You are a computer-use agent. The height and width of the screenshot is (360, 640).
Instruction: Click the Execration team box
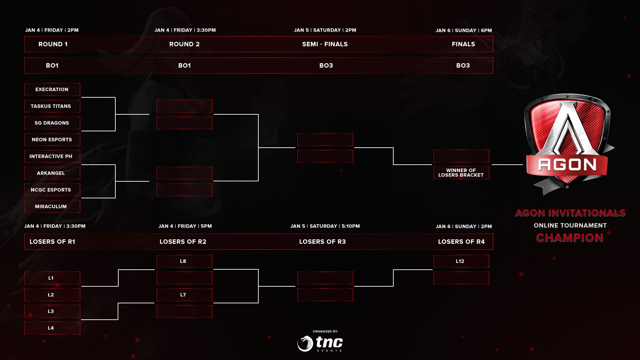(x=52, y=89)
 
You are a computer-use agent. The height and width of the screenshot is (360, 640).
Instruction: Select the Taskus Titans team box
(x=52, y=106)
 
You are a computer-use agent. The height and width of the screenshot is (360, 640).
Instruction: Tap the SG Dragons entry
(x=52, y=123)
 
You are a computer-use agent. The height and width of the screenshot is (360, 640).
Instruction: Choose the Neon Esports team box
(x=52, y=139)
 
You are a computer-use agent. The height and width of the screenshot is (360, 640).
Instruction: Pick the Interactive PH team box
(x=52, y=156)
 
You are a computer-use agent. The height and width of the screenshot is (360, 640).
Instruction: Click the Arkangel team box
(x=52, y=173)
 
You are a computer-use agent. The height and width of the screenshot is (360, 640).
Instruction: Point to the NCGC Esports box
(x=52, y=190)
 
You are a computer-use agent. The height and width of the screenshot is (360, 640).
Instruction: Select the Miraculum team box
(x=52, y=206)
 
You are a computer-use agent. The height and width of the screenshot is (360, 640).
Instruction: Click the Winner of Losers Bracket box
(x=461, y=173)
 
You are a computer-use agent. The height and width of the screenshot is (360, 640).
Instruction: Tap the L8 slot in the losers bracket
(x=184, y=261)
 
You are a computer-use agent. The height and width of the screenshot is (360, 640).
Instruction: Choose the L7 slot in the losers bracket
(x=184, y=295)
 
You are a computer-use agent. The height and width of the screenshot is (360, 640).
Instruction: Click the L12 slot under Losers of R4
(x=461, y=261)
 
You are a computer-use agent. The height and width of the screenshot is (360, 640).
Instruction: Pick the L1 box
(x=52, y=278)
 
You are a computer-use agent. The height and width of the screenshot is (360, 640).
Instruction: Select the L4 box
(x=52, y=328)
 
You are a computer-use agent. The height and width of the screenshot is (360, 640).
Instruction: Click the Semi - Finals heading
(x=325, y=44)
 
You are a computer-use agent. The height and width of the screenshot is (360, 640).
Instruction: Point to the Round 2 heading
(x=184, y=44)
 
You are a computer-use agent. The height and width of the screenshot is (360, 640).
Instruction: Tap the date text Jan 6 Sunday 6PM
(x=464, y=30)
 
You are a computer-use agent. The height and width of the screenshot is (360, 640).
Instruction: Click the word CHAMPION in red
(x=570, y=238)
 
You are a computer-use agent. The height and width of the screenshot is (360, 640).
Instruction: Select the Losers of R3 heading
(x=322, y=242)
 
